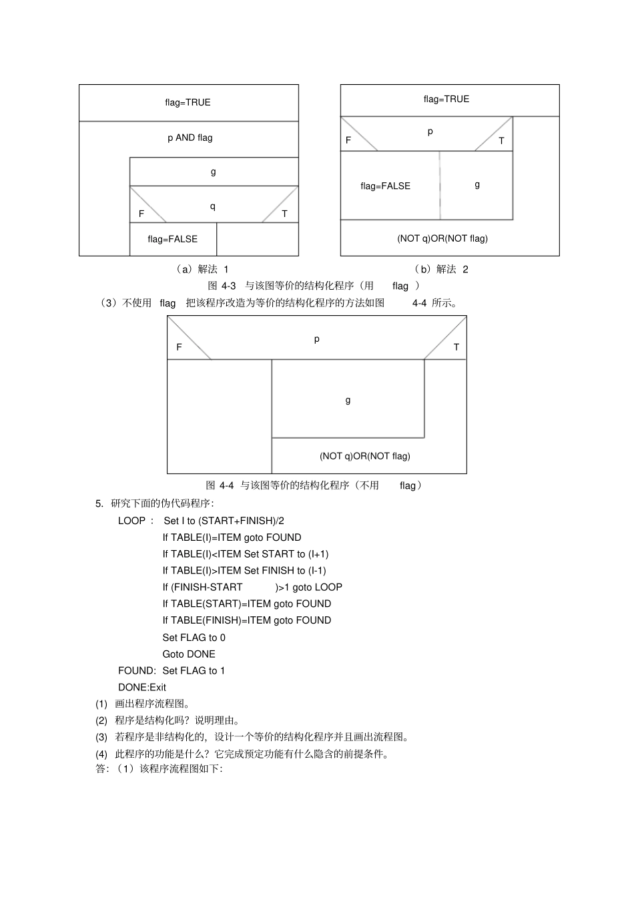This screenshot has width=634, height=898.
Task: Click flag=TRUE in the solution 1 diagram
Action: pos(188,103)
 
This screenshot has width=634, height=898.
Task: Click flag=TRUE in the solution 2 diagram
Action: pos(446,99)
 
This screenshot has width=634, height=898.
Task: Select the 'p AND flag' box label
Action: pos(190,138)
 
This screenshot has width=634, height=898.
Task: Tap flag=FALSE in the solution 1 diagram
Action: pos(172,239)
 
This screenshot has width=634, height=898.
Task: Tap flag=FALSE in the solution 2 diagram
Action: pos(385,186)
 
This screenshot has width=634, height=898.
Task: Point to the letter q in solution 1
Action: pos(213,206)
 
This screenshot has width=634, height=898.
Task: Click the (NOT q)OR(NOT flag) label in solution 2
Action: pos(442,238)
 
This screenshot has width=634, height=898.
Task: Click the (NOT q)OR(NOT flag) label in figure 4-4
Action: pos(364,456)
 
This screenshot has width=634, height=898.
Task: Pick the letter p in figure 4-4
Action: pos(317,339)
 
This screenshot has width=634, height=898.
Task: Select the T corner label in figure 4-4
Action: pos(456,347)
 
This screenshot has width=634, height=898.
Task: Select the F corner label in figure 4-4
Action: pos(179,347)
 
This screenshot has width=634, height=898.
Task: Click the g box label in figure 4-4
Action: pos(348,400)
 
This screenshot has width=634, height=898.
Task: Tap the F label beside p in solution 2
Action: pos(348,140)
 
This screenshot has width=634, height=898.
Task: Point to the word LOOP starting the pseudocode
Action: pos(131,521)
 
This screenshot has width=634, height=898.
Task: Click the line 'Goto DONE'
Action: pos(189,654)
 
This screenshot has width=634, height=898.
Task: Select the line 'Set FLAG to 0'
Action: pos(194,638)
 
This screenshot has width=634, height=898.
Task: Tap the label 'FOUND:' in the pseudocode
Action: pos(137,671)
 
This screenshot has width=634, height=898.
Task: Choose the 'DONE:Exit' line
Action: pos(142,688)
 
